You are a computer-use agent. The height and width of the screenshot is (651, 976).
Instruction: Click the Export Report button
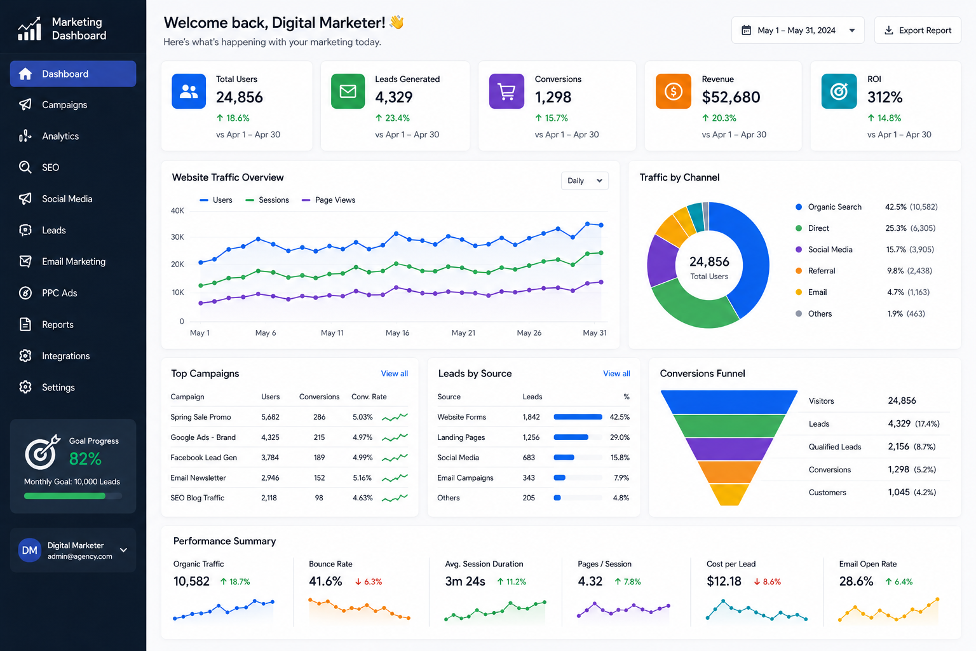tap(917, 30)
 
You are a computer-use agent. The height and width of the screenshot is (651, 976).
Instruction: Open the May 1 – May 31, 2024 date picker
tap(797, 30)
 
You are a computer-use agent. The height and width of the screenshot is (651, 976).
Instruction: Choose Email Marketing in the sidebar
tap(73, 262)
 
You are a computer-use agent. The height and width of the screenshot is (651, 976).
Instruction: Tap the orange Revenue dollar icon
tap(673, 91)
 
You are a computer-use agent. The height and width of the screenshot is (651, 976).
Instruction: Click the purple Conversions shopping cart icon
tap(506, 91)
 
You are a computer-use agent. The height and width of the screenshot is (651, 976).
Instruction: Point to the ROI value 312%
tap(884, 97)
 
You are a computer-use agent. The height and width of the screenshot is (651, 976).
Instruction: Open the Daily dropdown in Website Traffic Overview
tap(585, 181)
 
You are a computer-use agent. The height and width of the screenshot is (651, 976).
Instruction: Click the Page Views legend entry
tap(329, 200)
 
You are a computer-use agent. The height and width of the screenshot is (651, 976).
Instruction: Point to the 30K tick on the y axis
tap(177, 237)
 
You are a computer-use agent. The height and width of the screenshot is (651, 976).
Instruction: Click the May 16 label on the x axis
tap(397, 332)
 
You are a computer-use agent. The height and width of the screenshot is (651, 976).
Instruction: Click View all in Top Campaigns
tap(395, 374)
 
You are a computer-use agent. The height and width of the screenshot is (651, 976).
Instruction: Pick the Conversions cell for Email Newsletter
tap(320, 478)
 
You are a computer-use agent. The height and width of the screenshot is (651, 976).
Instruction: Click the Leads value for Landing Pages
tap(531, 437)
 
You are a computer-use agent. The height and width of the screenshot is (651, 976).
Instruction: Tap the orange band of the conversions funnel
tap(729, 472)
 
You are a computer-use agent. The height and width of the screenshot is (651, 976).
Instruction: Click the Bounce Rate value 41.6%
tap(325, 581)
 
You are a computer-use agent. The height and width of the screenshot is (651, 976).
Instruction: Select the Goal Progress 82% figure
tap(85, 459)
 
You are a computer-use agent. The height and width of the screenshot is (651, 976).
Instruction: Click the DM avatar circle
tap(30, 551)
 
